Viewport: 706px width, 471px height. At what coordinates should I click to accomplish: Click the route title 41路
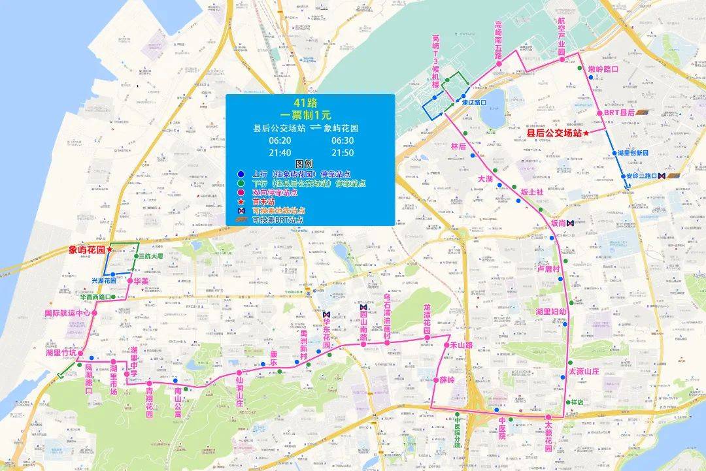tap(310, 103)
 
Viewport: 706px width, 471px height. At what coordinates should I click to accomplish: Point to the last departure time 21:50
tap(343, 152)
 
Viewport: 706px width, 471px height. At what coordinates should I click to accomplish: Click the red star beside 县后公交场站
tap(587, 133)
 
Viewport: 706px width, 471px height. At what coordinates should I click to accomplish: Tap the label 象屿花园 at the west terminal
tap(87, 250)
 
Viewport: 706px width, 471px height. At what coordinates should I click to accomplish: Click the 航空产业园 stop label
tap(561, 38)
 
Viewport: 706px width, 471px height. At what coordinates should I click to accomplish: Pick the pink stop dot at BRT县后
tap(599, 113)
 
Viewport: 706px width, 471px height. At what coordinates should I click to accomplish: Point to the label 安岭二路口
tap(641, 176)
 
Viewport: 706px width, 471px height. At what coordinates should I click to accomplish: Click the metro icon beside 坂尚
tap(571, 223)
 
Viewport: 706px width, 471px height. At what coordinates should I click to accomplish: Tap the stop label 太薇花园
tap(548, 436)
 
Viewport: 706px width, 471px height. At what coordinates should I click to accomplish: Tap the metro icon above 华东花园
tap(326, 314)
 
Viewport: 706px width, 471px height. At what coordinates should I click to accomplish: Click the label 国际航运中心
tap(67, 313)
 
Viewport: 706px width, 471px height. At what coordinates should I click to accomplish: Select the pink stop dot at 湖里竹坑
tap(80, 353)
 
